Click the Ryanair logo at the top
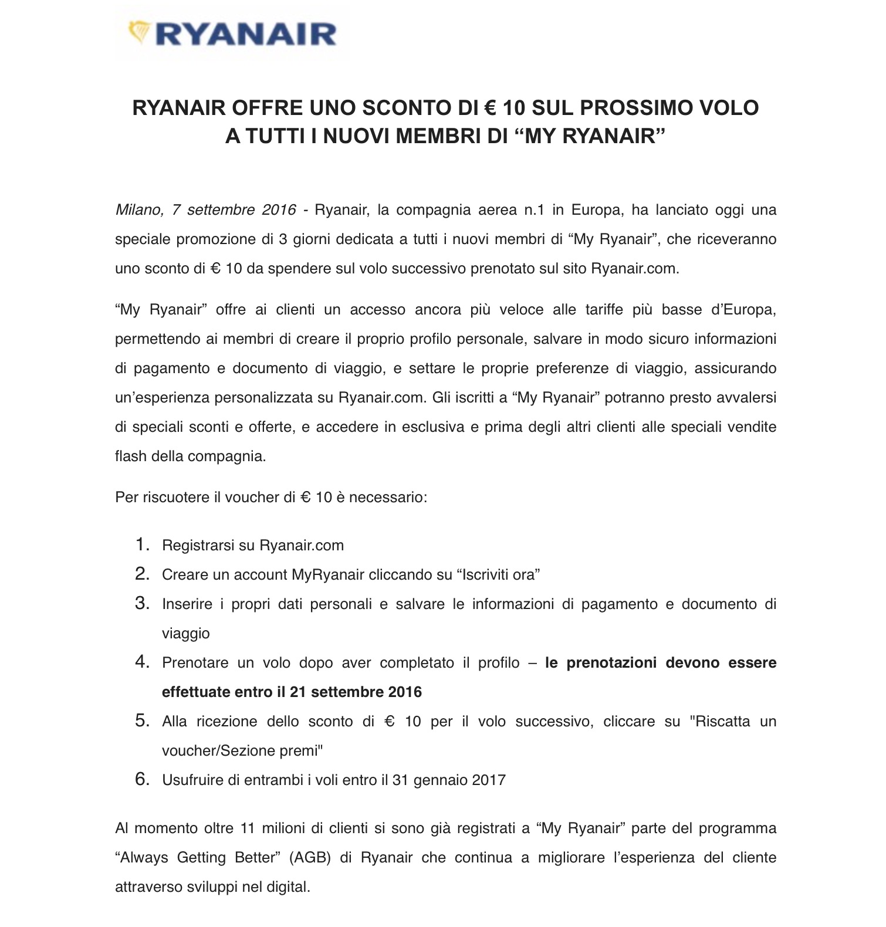click(232, 33)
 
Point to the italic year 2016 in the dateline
click(279, 209)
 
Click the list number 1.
click(143, 544)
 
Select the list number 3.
click(143, 603)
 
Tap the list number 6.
click(143, 779)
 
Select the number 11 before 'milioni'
click(246, 828)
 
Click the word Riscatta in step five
click(722, 721)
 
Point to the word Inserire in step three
click(187, 604)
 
